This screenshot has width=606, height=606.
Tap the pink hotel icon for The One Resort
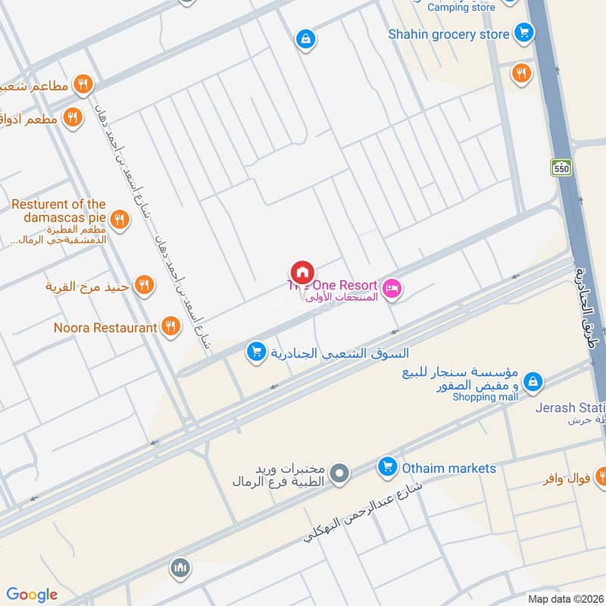[392, 289]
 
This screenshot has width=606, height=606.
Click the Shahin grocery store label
[448, 34]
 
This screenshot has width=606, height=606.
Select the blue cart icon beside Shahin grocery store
[523, 33]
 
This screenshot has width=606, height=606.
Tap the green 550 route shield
[561, 169]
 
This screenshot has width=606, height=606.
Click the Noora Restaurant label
[105, 328]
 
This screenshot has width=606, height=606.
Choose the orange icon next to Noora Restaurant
[171, 326]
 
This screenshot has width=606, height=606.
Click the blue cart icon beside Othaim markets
[387, 467]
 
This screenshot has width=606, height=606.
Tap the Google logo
[32, 595]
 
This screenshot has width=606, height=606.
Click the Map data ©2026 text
[565, 598]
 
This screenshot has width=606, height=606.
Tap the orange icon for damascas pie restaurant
[118, 220]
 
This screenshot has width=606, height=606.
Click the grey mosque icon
[180, 568]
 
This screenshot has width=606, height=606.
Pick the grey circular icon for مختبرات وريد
[341, 474]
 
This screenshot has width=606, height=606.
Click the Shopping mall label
[486, 397]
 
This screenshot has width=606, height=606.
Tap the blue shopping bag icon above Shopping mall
[533, 381]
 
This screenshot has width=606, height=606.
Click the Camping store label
[461, 8]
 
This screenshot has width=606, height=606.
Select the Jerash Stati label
[570, 408]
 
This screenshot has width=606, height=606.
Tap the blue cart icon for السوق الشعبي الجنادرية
[256, 351]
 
